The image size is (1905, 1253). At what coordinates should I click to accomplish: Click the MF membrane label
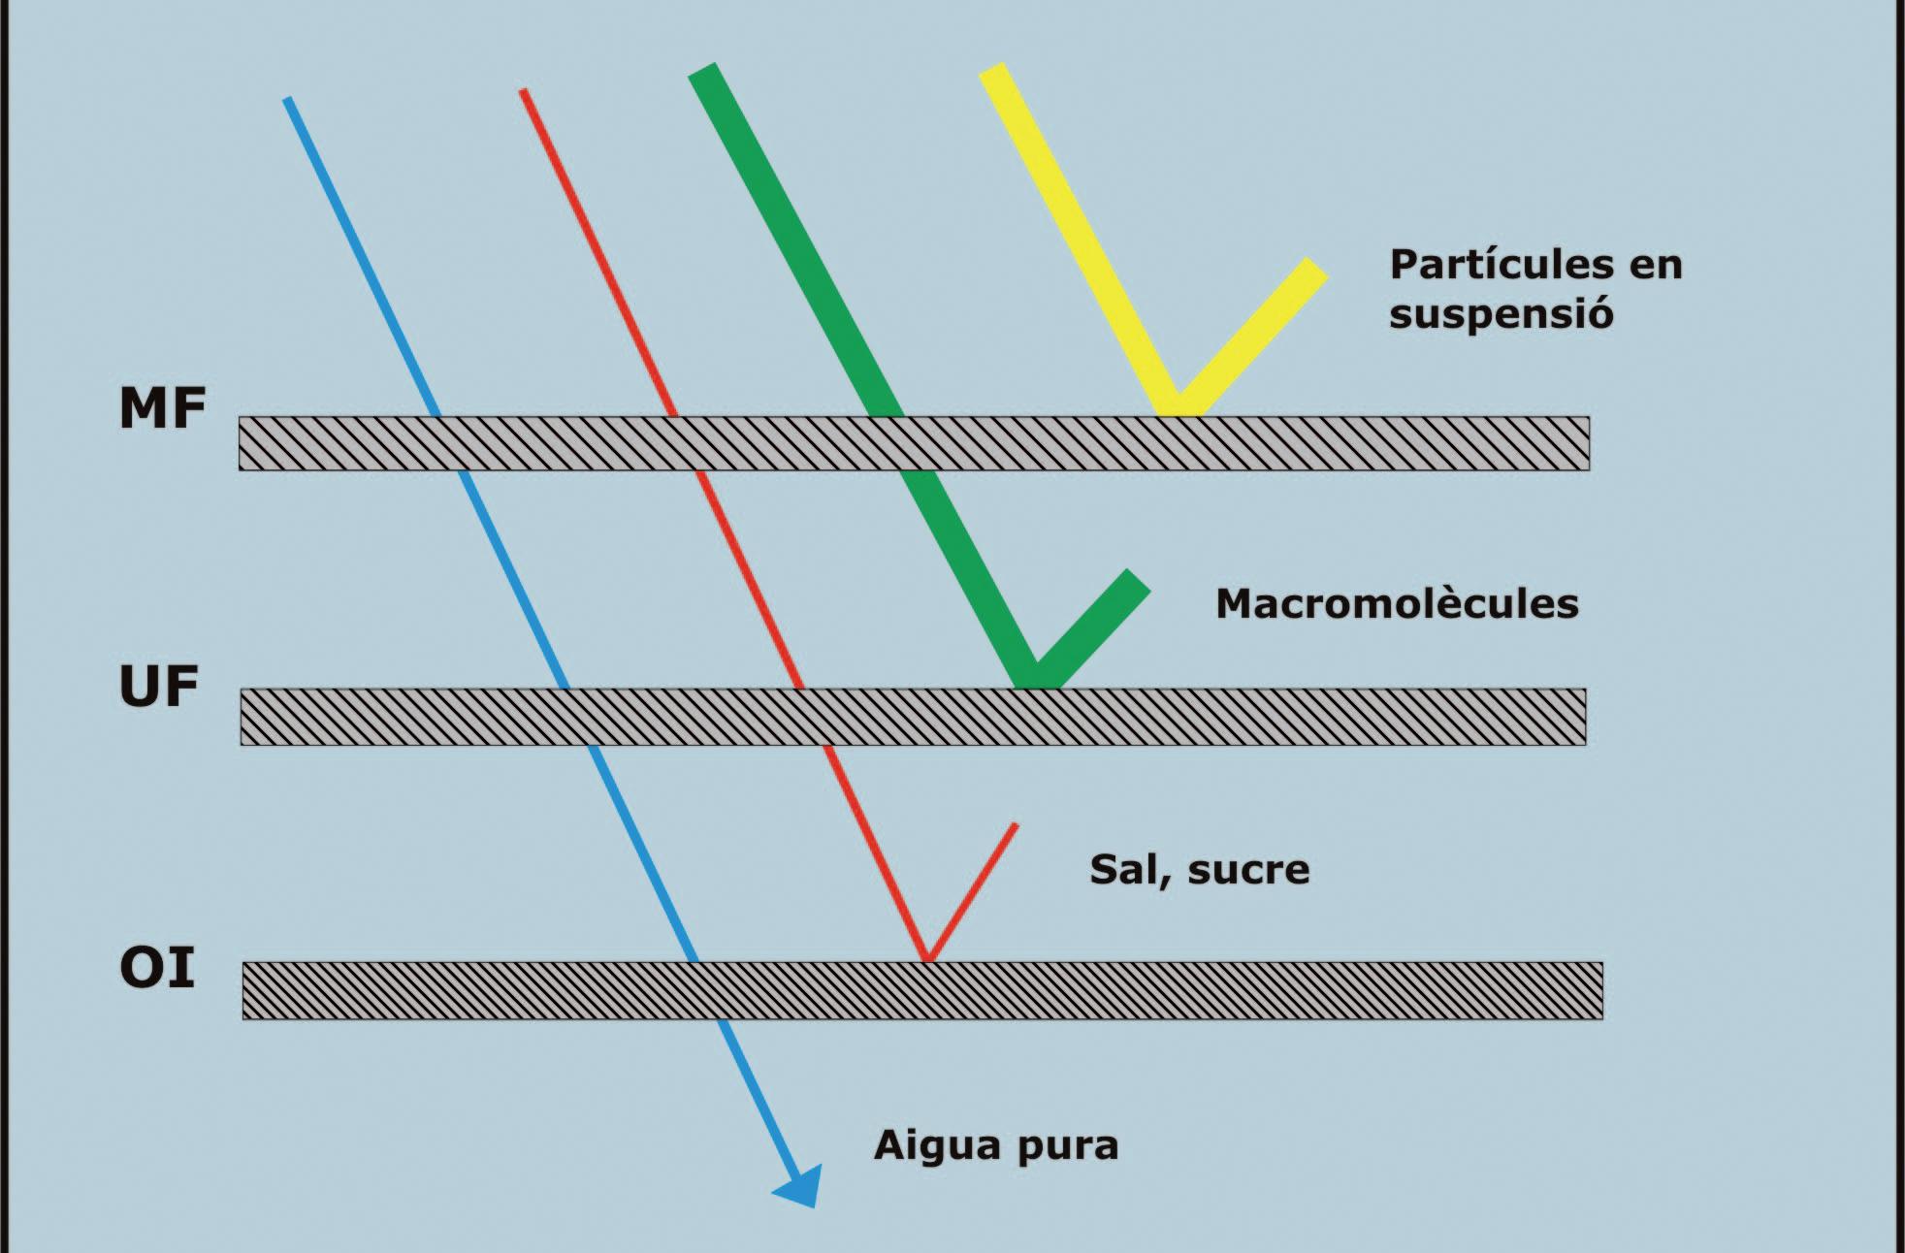tap(162, 407)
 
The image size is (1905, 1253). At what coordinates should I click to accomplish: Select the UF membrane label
tap(158, 686)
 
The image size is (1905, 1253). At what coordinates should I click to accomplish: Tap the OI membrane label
tap(157, 967)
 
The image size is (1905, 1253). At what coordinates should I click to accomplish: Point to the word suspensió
tap(1501, 314)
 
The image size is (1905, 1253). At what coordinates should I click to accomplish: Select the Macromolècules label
tap(1397, 603)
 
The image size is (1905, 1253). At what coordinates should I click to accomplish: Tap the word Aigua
tap(937, 1146)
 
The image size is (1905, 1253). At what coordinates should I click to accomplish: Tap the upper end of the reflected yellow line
tap(1317, 268)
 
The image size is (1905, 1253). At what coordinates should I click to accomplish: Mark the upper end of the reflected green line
tap(1138, 579)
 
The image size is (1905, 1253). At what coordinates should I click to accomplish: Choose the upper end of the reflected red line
tap(1015, 826)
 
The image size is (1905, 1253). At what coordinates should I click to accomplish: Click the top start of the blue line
tap(287, 100)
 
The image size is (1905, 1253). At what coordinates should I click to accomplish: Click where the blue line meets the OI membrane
tap(694, 962)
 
